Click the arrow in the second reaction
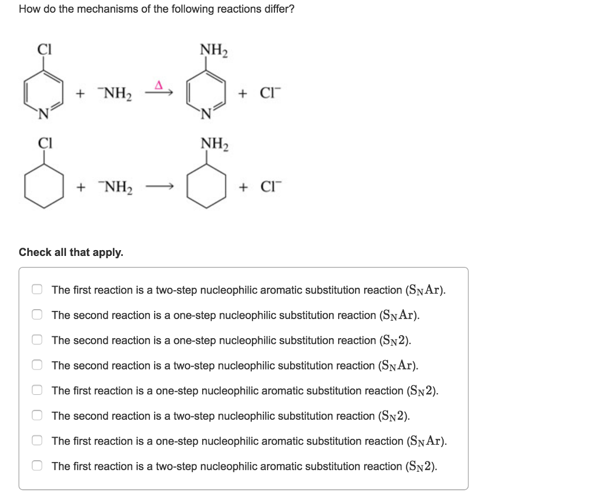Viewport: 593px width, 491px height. tap(160, 187)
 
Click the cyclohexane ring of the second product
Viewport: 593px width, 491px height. tap(207, 186)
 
